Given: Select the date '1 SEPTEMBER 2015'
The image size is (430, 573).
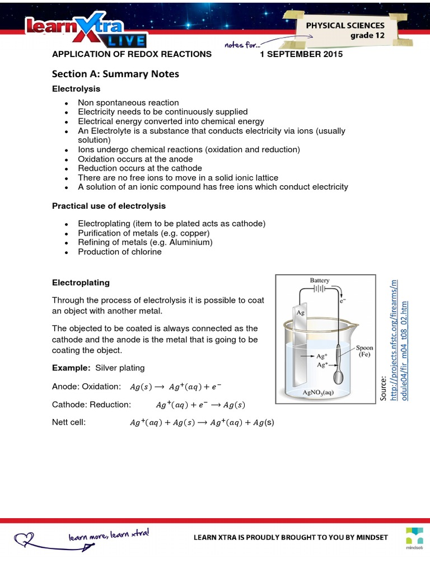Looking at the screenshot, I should (301, 54).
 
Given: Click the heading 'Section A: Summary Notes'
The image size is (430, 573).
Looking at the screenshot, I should (115, 74).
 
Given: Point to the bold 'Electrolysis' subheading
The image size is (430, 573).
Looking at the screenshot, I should (76, 88).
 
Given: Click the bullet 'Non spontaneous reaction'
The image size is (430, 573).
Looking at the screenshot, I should (128, 102).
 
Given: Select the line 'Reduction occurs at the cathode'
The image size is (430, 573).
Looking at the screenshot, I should (140, 168).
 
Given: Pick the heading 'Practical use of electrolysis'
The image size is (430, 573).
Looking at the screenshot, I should (109, 206).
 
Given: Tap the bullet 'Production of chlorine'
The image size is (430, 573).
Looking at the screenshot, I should (120, 252).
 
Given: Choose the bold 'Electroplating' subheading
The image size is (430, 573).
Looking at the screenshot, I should (81, 283).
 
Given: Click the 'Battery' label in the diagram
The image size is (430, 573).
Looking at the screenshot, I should (320, 280).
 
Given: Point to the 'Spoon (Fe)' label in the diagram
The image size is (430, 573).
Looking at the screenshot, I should (364, 351).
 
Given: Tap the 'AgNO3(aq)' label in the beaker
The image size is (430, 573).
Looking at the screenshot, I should (318, 392).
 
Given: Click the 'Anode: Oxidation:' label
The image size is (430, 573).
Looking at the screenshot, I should (86, 387).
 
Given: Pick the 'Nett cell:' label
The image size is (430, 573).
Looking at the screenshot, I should (69, 422).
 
